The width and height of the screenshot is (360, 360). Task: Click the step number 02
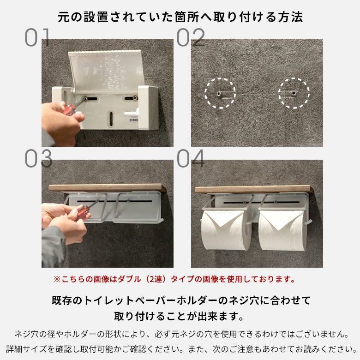click(191, 38)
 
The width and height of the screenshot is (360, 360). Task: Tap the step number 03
click(38, 159)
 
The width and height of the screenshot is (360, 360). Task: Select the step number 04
click(191, 159)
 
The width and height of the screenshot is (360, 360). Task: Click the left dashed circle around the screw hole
click(220, 93)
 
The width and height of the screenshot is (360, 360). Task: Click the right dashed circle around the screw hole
click(294, 93)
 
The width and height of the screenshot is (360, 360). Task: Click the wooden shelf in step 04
click(253, 190)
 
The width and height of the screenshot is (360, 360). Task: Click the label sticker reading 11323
click(133, 118)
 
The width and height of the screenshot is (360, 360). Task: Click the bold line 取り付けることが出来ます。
click(180, 317)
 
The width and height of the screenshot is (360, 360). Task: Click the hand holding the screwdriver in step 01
click(60, 120)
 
